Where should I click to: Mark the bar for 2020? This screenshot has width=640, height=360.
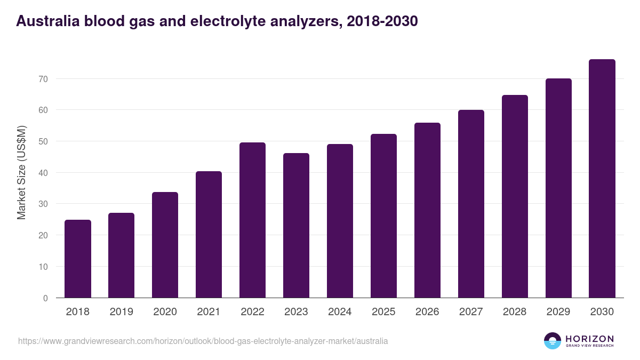165,245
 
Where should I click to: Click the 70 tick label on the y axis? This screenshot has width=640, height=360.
43,79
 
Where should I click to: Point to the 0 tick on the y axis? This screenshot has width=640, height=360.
45,298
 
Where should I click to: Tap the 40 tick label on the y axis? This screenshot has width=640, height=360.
43,173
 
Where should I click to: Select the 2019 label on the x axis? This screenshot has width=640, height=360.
121,312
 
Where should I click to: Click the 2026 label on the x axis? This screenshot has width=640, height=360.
427,312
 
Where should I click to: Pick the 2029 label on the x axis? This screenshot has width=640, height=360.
558,312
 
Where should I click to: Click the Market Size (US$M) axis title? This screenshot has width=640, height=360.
21,173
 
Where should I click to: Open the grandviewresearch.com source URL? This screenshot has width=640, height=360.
203,341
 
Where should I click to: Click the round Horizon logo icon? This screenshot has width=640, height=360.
553,341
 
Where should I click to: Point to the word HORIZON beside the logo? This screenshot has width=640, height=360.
589,339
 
